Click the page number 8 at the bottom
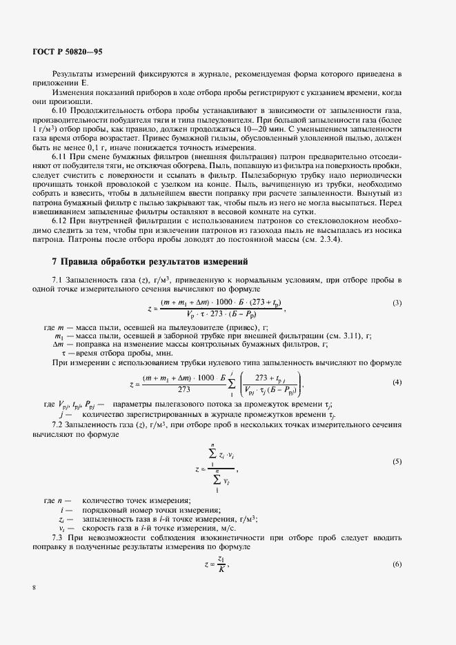click(x=34, y=588)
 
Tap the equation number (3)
click(x=397, y=284)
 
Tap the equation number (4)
click(x=397, y=382)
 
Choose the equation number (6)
click(x=397, y=564)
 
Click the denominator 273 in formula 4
click(x=184, y=389)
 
